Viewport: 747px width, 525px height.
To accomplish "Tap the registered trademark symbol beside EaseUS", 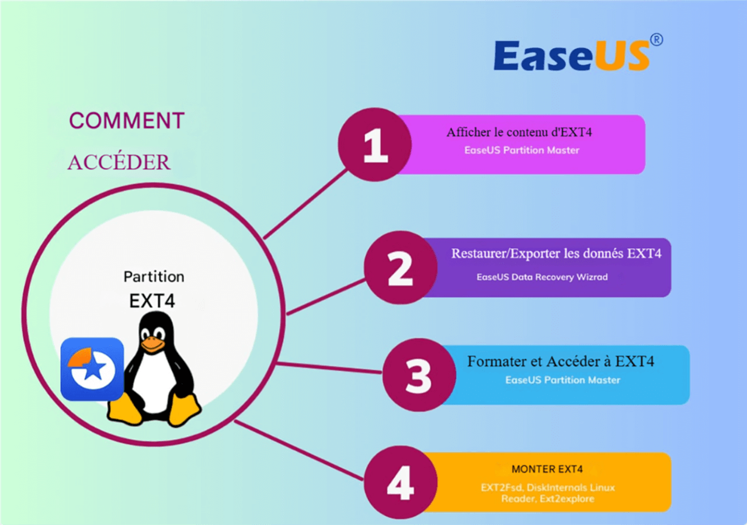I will [656, 40].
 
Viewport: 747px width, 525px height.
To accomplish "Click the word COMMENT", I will [127, 121].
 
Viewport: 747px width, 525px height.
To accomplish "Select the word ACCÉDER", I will [119, 162].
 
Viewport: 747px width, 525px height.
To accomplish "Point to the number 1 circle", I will [374, 144].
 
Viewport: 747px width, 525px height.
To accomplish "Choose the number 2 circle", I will [400, 267].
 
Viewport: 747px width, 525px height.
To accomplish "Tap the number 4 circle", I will [400, 482].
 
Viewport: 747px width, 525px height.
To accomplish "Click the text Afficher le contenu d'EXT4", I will [519, 132].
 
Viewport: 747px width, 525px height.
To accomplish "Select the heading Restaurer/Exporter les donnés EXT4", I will [556, 254].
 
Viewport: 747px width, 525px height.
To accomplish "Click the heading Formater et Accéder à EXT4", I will [560, 361].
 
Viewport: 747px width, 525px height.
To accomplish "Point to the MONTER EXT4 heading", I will [547, 469].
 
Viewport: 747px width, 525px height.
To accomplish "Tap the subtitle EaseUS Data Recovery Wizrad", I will [541, 277].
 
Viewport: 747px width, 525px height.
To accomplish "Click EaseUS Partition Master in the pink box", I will [522, 150].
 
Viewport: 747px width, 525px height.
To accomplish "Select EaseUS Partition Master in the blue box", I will [562, 380].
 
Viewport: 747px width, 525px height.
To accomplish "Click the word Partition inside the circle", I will [154, 276].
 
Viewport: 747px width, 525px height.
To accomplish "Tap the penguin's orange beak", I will [152, 345].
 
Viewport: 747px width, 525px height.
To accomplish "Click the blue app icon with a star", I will [92, 368].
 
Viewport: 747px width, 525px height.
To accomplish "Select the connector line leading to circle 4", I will [298, 450].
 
